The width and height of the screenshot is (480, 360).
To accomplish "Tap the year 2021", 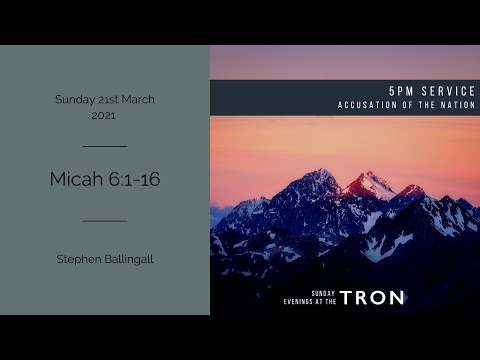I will coord(104,116).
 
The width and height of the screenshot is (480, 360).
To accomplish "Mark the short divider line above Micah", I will coord(104,147).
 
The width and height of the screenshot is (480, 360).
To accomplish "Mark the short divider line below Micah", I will coord(104,220).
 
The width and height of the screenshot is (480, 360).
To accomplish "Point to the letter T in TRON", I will coord(346,297).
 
